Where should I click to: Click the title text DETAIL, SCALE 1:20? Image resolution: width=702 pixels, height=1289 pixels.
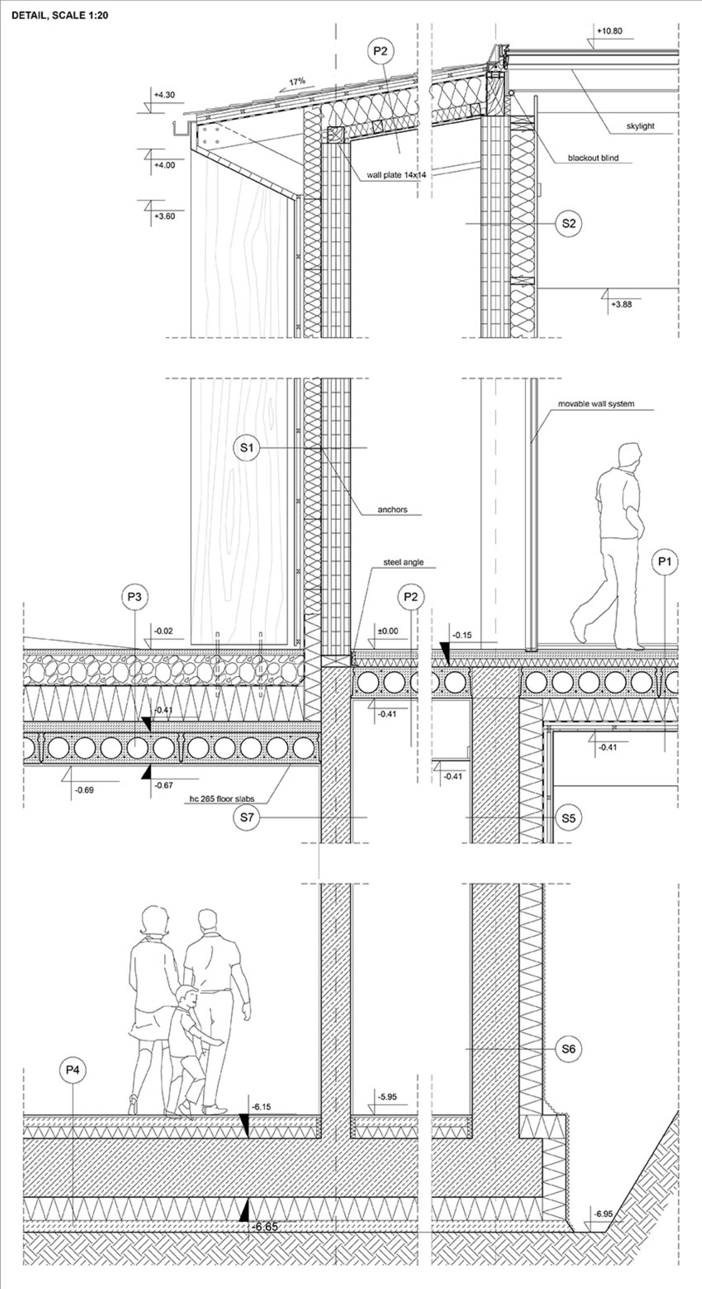pos(60,15)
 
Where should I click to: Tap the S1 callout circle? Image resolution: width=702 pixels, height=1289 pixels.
pos(247,448)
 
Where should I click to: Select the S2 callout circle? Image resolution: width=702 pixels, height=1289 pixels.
pos(569,223)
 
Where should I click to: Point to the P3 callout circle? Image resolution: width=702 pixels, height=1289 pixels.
pos(135,596)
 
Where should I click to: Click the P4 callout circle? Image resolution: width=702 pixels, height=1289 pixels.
pos(72,1070)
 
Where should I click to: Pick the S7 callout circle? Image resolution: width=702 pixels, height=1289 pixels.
pos(247,818)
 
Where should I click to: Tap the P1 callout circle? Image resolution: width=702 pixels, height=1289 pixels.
pos(665,561)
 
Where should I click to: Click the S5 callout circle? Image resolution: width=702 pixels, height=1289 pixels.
pos(569,818)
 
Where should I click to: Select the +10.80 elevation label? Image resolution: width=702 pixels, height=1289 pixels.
pos(609,31)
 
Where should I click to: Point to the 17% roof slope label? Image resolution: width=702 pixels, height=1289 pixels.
pos(297,81)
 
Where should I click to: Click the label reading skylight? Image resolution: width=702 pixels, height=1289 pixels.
pos(640,126)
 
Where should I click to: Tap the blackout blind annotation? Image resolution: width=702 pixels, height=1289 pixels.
pos(593,158)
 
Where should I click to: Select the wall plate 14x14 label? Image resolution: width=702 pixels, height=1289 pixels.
pos(393,175)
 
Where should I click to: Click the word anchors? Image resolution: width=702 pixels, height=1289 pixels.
pos(393,509)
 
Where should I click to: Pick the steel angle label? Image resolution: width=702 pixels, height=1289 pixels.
pos(403,562)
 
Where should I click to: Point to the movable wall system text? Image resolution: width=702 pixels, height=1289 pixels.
pos(596,403)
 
